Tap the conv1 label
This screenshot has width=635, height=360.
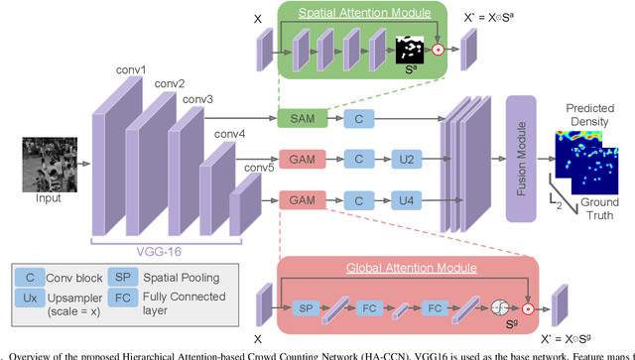(127, 70)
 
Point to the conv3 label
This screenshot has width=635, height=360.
(196, 99)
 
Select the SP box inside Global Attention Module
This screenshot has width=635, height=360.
(306, 309)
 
